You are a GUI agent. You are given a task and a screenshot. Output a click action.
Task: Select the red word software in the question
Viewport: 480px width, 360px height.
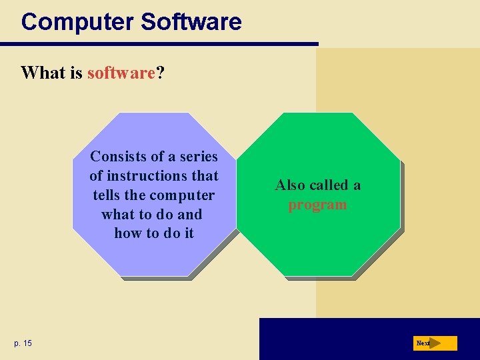tap(121, 73)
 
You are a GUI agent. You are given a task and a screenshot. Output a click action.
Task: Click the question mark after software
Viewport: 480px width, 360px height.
tap(160, 73)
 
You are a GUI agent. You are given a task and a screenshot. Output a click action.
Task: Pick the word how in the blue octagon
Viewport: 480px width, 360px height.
tap(128, 234)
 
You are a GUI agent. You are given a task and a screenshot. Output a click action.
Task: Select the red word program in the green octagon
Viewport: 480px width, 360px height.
tap(317, 205)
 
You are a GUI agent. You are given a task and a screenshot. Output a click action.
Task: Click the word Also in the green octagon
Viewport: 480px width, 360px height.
tap(290, 185)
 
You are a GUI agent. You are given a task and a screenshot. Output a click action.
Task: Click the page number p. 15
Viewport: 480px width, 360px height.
tap(23, 343)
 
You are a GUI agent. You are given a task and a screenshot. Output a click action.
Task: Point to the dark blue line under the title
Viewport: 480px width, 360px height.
tap(160, 45)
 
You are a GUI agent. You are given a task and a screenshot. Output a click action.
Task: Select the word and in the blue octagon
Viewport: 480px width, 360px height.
tap(189, 215)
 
